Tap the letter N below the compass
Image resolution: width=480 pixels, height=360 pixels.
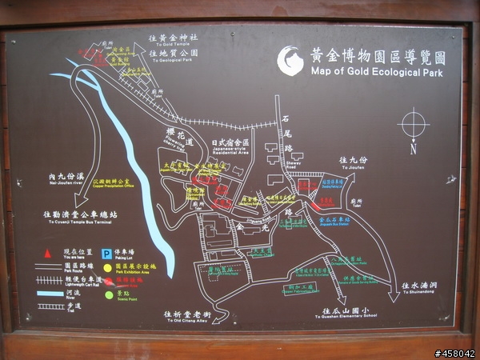tap(414, 149)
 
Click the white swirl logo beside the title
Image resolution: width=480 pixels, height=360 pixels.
tap(290, 61)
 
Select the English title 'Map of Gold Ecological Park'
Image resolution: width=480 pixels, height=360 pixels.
tap(376, 72)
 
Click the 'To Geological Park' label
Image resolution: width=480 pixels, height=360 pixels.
tap(177, 59)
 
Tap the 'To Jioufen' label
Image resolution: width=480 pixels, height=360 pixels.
tap(352, 168)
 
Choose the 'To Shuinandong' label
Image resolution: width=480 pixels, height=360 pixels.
tap(416, 293)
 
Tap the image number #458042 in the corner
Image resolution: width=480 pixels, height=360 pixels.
tap(454, 353)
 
